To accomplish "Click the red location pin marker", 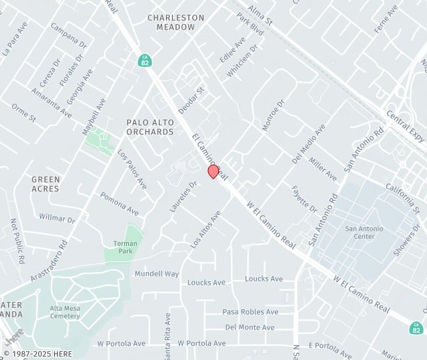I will (x=213, y=171).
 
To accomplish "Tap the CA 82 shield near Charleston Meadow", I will (x=144, y=61).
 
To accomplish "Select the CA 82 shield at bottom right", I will (x=416, y=327).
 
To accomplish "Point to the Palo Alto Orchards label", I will (x=150, y=127).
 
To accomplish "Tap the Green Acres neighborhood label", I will (x=45, y=184).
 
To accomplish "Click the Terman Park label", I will (x=125, y=247).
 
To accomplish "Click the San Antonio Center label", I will (x=364, y=233).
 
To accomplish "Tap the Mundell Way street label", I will (x=157, y=274).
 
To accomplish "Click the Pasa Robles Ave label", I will (x=250, y=312).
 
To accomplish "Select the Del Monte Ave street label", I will (x=250, y=327).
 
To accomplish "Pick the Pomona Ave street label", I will (x=119, y=204).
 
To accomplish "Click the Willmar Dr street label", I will (x=57, y=218).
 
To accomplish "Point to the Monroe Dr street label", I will (x=273, y=115).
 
